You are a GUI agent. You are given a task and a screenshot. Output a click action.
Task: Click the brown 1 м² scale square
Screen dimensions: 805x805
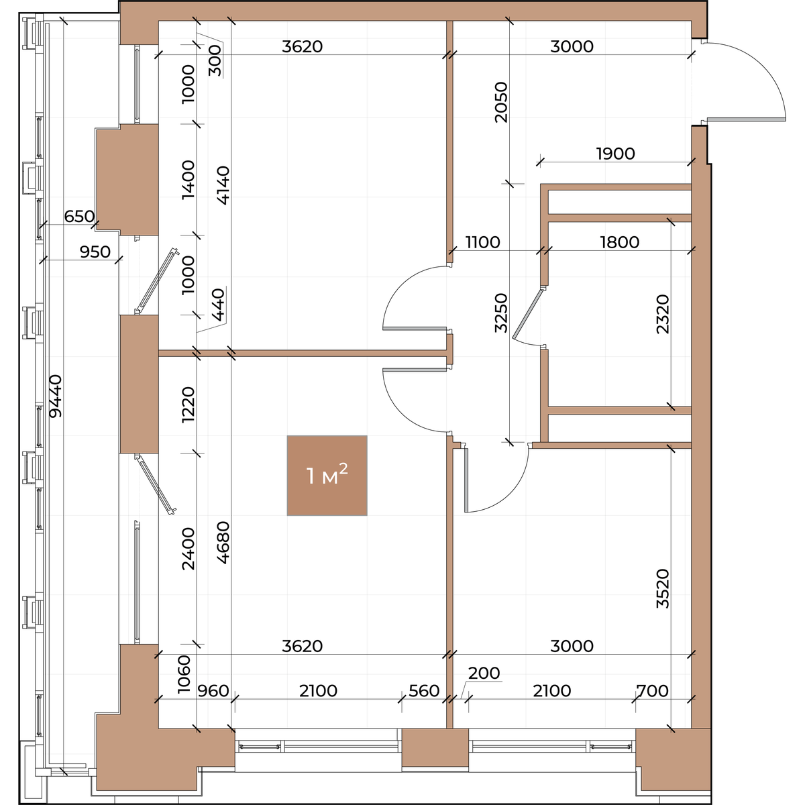[327, 476]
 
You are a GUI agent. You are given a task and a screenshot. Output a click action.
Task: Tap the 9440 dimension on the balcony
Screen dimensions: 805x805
[55, 396]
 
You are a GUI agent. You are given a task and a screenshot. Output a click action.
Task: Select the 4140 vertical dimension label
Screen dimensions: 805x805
[223, 185]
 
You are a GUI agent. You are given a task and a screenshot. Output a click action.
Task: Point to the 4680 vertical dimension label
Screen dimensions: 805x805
[223, 543]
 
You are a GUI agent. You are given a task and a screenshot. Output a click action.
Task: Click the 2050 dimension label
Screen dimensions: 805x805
[501, 103]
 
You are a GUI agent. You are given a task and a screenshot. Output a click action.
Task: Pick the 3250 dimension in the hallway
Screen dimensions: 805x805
[501, 313]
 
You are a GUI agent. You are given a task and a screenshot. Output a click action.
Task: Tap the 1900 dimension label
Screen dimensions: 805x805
[615, 154]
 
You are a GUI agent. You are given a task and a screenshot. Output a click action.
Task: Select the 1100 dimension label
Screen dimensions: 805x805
[482, 242]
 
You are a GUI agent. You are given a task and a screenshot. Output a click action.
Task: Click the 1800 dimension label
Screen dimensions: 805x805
[620, 242]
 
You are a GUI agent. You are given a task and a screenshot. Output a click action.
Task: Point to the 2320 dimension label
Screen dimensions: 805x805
[663, 314]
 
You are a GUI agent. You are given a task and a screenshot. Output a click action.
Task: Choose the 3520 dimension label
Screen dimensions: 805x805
[663, 588]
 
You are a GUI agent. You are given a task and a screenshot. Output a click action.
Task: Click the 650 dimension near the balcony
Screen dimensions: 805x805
[79, 217]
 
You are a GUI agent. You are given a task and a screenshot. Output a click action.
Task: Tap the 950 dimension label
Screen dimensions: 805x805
[95, 252]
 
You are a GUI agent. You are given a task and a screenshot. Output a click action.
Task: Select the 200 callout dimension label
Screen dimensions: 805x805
[484, 673]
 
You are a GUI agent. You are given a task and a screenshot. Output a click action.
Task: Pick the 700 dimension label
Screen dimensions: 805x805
[652, 691]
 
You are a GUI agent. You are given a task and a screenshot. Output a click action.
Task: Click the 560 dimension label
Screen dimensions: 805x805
[424, 691]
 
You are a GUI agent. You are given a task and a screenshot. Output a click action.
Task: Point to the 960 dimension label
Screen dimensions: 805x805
[213, 691]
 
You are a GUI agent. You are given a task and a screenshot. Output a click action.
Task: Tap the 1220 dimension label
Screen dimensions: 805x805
[189, 405]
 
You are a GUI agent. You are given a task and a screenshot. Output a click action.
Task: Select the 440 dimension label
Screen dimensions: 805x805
[219, 305]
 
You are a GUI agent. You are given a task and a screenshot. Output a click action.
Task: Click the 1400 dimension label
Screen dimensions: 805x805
[189, 180]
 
